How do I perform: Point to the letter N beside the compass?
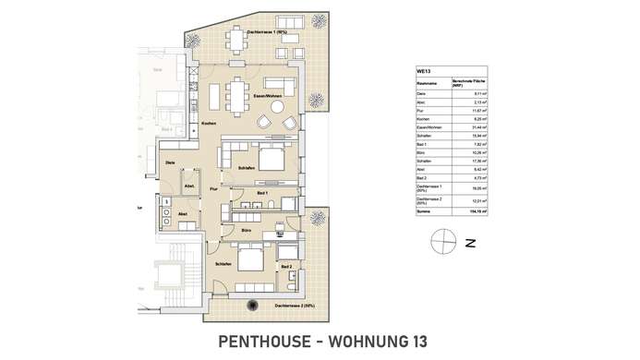click(470, 244)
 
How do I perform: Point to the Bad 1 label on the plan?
click(261, 191)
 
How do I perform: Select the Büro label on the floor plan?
click(247, 228)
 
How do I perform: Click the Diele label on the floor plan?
click(170, 163)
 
